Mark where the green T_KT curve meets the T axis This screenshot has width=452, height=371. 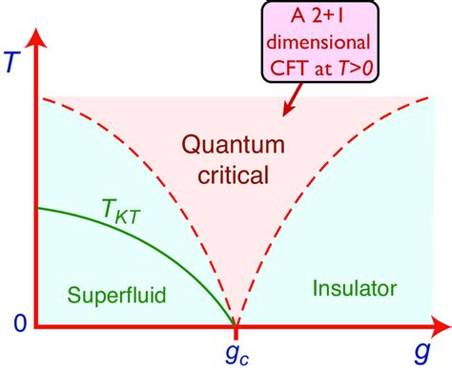36,208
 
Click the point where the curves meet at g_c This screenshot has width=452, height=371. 236,326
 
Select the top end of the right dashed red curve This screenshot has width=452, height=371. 434,96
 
